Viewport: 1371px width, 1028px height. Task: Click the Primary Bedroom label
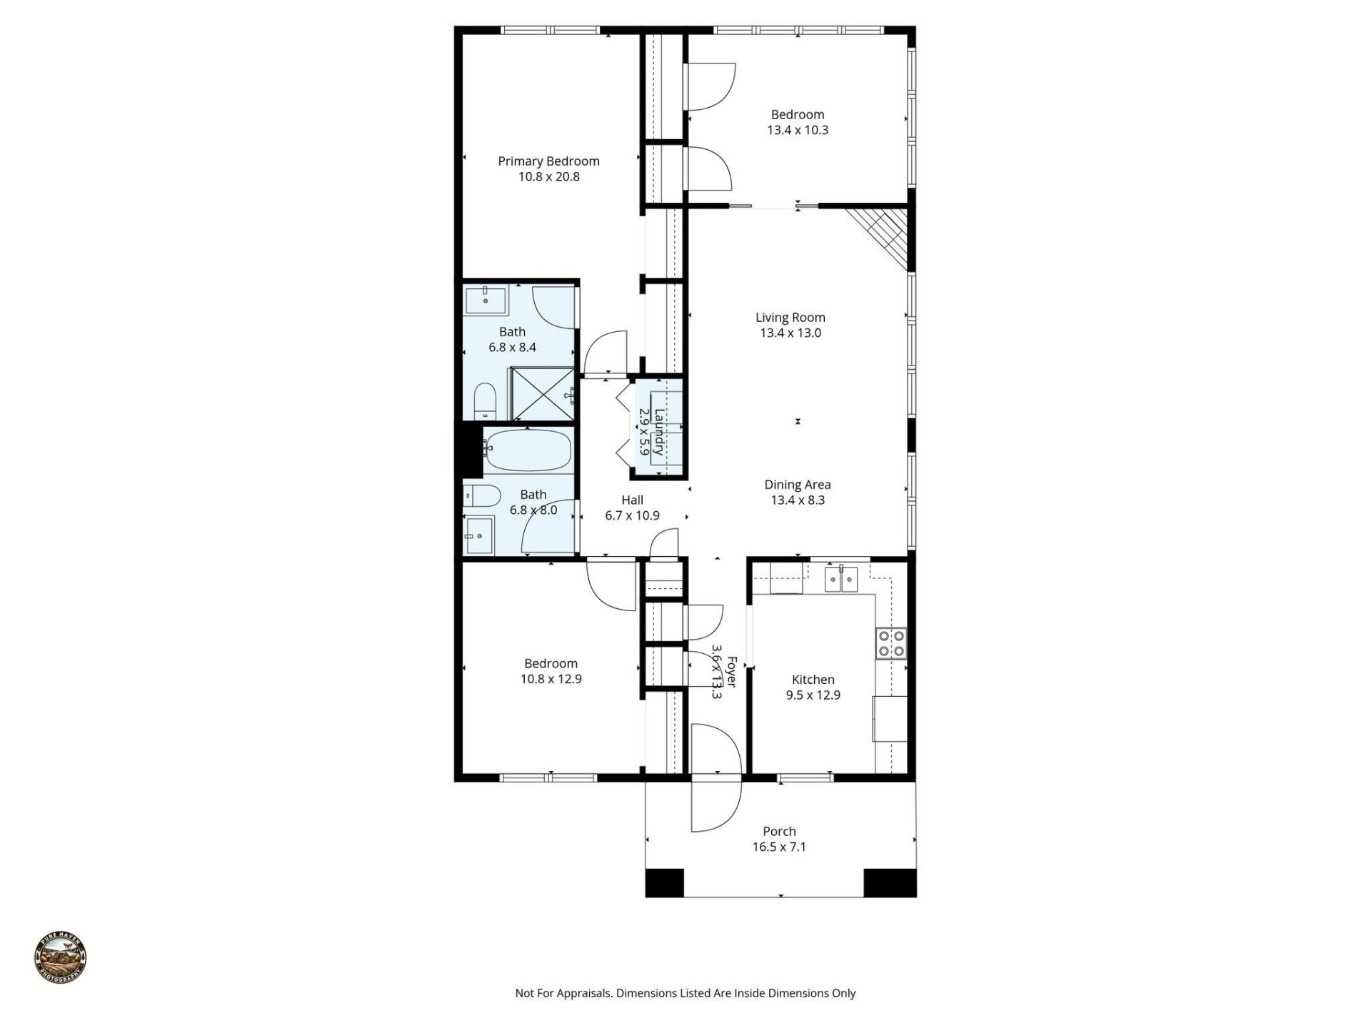coord(548,161)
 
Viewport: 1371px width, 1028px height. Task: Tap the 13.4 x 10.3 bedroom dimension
coord(798,131)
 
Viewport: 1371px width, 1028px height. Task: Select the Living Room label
coord(790,318)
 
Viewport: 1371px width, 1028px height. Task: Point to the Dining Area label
coord(797,485)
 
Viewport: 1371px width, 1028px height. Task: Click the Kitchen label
coord(813,680)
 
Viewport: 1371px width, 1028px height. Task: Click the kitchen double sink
coord(840,579)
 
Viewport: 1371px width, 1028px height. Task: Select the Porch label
coord(778,832)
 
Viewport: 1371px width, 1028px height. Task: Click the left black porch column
coord(664,882)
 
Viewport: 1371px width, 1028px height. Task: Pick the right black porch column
coord(890,882)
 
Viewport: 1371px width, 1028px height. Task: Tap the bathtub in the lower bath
coord(528,450)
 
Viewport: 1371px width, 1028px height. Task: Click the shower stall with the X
coord(543,394)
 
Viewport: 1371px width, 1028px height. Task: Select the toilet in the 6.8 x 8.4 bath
coord(485,401)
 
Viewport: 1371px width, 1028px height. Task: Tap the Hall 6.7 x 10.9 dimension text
coord(632,516)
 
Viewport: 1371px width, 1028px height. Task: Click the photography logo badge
coord(61,958)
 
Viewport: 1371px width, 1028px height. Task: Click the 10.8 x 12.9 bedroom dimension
coord(551,680)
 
